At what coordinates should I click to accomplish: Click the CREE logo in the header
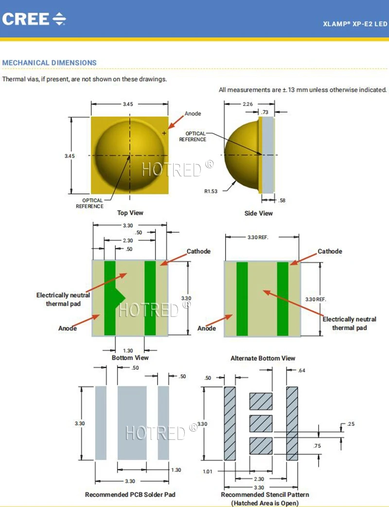pos(34,19)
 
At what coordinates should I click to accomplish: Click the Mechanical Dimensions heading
pos(50,63)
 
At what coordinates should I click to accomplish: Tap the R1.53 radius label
pos(211,191)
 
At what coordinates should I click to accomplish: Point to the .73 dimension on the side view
pos(265,112)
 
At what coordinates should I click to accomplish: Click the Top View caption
pos(130,213)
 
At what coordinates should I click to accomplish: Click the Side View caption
pos(259,213)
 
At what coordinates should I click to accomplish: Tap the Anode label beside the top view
pos(193,114)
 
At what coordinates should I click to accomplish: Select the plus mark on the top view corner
pos(164,133)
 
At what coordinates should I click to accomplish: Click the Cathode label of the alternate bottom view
pos(330,251)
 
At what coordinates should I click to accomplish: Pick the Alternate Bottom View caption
pos(263,358)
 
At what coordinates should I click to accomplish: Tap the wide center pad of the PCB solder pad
pos(132,423)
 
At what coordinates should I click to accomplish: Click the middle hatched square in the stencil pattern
pos(261,423)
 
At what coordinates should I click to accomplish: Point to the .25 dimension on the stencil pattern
pos(351,424)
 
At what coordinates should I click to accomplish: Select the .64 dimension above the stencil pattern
pos(301,371)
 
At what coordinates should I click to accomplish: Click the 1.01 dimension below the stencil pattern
pos(208,471)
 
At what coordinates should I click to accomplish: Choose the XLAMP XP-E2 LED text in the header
pos(355,23)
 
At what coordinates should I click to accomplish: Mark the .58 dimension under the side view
pos(282,200)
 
